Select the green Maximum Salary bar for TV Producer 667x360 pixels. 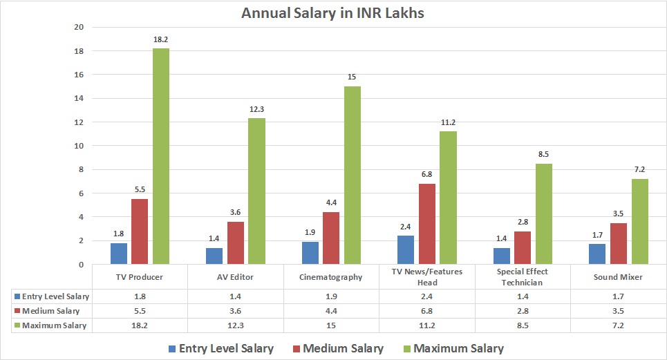(160, 156)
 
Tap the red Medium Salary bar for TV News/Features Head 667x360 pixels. (427, 224)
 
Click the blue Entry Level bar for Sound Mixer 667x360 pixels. (597, 254)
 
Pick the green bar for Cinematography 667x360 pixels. (352, 175)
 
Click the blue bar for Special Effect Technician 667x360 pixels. (502, 256)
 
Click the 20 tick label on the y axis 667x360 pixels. (79, 27)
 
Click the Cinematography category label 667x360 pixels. (331, 277)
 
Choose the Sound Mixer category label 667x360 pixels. (618, 277)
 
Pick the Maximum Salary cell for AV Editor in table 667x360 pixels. (235, 325)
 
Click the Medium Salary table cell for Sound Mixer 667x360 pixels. (618, 310)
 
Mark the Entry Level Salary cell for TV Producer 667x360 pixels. (140, 296)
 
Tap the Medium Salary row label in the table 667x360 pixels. (51, 310)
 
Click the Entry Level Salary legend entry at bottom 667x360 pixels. (219, 348)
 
